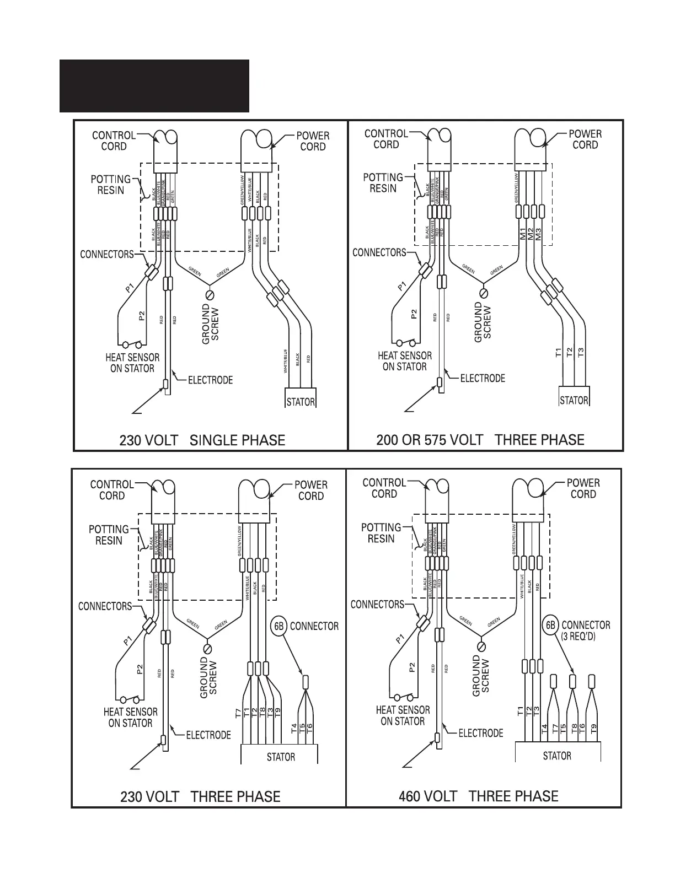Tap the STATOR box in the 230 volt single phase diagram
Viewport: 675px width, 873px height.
[301, 402]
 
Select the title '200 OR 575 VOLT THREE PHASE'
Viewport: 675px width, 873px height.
[480, 440]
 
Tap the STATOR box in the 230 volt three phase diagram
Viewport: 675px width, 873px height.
[280, 757]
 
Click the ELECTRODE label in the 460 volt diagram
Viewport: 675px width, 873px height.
[481, 733]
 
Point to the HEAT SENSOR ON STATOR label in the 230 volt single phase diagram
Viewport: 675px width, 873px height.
[132, 363]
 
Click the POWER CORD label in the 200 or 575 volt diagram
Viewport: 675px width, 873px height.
[585, 139]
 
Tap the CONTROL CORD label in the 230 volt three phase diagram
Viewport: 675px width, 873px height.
[112, 490]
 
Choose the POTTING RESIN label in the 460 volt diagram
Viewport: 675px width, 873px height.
[381, 533]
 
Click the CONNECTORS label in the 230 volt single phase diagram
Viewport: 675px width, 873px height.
[107, 254]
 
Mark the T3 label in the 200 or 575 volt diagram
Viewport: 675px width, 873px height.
[581, 352]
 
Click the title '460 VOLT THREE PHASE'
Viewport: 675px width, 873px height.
[478, 796]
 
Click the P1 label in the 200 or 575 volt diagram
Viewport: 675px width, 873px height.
[401, 285]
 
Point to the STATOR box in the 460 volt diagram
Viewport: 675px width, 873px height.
[557, 756]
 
